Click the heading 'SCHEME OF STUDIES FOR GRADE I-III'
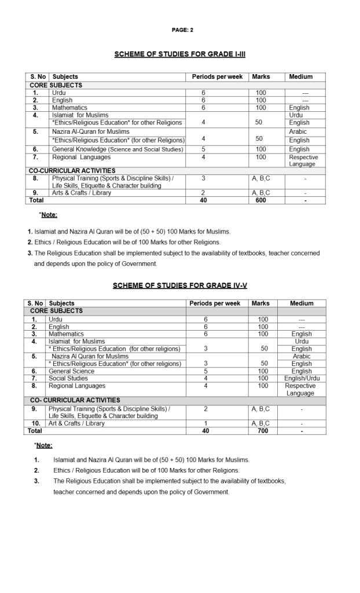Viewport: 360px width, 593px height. (x=180, y=54)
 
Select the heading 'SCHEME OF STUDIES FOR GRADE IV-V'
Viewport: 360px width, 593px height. (x=180, y=285)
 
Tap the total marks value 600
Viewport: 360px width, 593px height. (x=260, y=200)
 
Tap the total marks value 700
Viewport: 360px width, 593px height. (x=263, y=431)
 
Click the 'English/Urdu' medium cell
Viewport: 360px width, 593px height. (x=302, y=378)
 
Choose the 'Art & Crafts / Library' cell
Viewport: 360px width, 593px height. (x=77, y=423)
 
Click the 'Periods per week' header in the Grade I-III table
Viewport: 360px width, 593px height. (x=217, y=76)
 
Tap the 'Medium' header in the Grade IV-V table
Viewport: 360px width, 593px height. (x=302, y=303)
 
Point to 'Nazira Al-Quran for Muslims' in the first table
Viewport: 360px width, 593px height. (x=90, y=132)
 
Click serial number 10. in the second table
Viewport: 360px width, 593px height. (x=35, y=423)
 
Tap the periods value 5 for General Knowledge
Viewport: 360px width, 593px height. (x=203, y=149)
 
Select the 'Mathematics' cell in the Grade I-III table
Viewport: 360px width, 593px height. (x=69, y=108)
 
